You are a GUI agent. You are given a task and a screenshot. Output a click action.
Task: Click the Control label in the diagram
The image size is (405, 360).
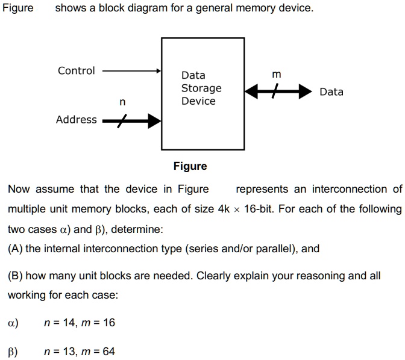(x=76, y=71)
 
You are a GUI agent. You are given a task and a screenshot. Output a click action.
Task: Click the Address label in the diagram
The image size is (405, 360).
(x=76, y=120)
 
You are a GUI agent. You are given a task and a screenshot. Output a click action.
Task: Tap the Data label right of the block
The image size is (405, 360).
(x=331, y=92)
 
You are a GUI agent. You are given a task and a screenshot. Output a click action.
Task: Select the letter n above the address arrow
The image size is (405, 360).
(x=122, y=102)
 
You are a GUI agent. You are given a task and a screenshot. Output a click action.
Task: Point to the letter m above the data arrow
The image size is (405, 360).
(x=276, y=75)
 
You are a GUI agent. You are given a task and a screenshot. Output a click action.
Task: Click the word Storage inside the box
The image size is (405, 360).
(x=201, y=88)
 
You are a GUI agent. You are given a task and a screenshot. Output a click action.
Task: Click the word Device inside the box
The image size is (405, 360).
(x=198, y=101)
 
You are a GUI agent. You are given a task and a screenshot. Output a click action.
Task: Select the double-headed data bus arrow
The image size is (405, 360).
(x=275, y=92)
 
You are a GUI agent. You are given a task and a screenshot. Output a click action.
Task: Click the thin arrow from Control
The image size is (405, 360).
(x=131, y=70)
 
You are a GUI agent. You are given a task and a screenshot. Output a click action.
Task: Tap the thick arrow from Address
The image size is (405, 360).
(x=131, y=122)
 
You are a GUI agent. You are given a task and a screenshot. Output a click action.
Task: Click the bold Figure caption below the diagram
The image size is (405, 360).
(x=190, y=166)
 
